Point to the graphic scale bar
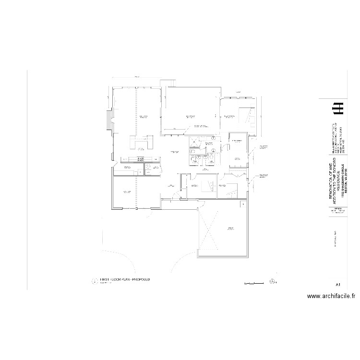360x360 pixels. pos(254,283)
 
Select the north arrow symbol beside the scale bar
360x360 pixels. pos(273,281)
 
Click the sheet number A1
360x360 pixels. pos(338,285)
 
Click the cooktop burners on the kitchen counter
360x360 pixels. pos(141,159)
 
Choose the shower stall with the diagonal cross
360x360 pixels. pos(194,141)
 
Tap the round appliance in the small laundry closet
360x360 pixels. pos(148,167)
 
